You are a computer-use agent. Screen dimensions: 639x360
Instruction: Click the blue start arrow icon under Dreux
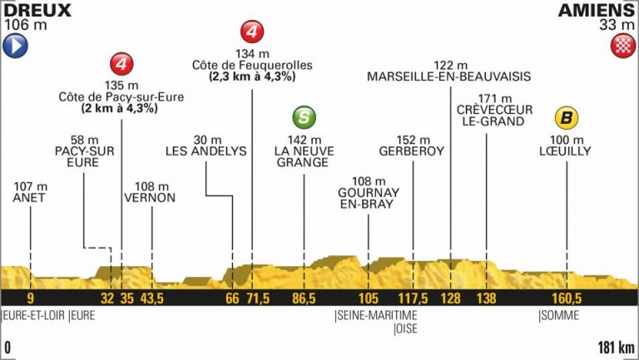16,47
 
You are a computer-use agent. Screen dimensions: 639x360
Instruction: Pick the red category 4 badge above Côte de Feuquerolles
252,33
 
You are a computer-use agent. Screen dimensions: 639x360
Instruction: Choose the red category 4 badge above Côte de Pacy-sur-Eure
122,64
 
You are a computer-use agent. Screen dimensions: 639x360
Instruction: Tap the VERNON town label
151,198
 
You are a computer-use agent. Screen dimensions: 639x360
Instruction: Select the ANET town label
29,198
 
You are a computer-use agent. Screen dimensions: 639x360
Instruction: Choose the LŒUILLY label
567,151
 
